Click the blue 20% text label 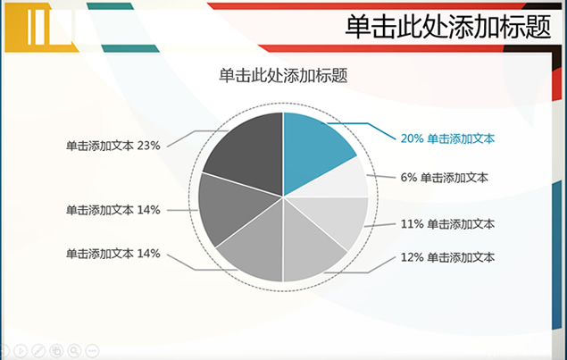click(447, 138)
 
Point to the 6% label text click(444, 177)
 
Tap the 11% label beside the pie click(447, 224)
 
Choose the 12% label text click(447, 257)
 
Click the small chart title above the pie click(283, 75)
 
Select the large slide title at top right click(448, 27)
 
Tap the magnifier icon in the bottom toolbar click(74, 350)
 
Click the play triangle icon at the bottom click(21, 350)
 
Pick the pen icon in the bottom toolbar click(38, 350)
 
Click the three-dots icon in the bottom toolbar click(92, 350)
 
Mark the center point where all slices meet click(283, 197)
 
